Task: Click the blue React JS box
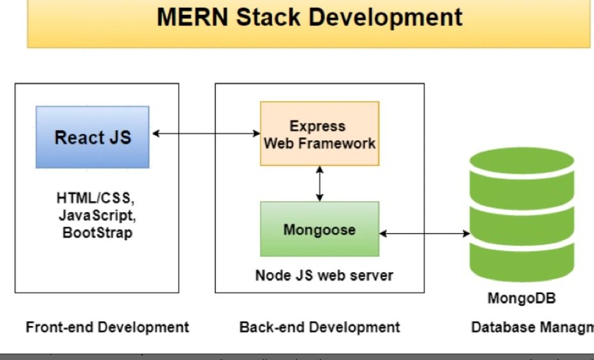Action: (93, 137)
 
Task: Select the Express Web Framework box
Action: (319, 135)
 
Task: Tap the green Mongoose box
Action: (319, 229)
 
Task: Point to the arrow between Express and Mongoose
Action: (319, 184)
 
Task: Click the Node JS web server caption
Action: (324, 276)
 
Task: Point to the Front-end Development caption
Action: (108, 327)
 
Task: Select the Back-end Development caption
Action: (319, 327)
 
